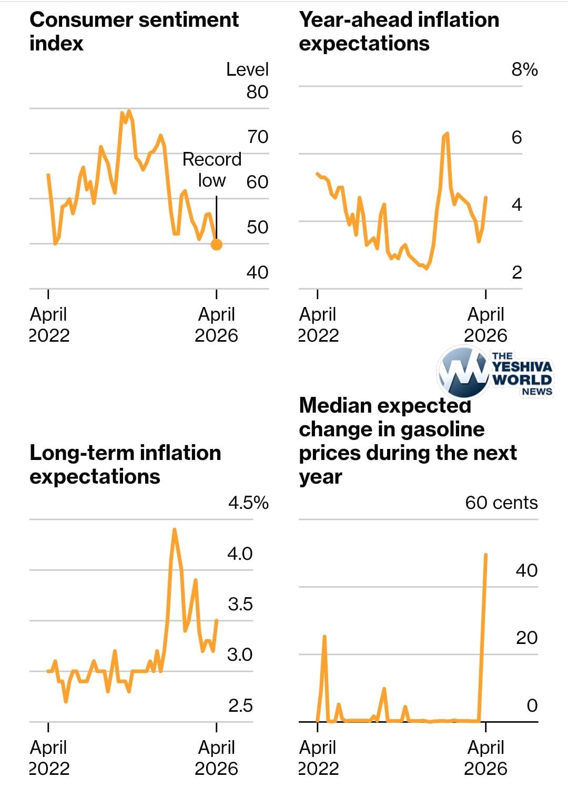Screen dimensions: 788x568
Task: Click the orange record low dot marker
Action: click(x=216, y=244)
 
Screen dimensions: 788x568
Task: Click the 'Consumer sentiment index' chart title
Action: click(x=134, y=31)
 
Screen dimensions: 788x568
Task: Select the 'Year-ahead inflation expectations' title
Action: click(x=399, y=31)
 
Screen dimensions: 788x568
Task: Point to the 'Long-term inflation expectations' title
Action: click(x=125, y=464)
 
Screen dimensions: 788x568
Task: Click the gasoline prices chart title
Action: click(x=408, y=441)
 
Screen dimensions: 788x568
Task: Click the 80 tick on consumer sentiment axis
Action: click(x=257, y=92)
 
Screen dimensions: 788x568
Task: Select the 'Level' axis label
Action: click(x=247, y=69)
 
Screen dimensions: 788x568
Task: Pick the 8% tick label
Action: click(x=524, y=69)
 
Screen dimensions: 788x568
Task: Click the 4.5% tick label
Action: click(x=248, y=503)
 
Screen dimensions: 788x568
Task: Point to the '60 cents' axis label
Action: click(x=501, y=503)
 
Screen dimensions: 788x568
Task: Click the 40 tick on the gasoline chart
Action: click(x=526, y=570)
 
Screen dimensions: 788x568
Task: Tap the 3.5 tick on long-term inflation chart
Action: click(x=240, y=604)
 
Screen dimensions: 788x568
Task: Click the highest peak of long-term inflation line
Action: click(x=174, y=530)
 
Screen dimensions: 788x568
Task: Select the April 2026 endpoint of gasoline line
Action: click(x=485, y=555)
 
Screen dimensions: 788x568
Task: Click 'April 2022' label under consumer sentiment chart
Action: click(x=49, y=324)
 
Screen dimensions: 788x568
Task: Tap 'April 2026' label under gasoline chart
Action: click(x=485, y=758)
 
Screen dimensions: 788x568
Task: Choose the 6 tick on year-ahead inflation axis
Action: click(x=516, y=137)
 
